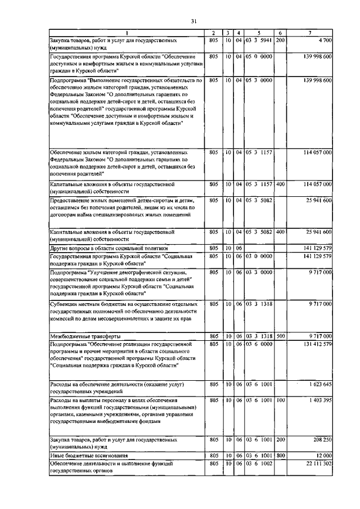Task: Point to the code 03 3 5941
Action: click(259, 40)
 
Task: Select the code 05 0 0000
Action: click(259, 57)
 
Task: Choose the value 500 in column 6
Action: click(281, 336)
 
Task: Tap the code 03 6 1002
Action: click(259, 462)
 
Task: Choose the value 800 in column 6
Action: click(281, 454)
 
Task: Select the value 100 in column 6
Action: click(281, 400)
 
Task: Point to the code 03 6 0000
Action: click(259, 343)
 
